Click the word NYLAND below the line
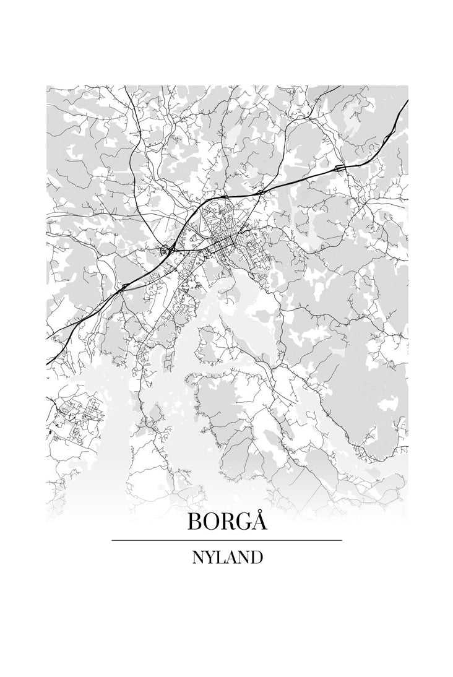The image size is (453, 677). click(x=226, y=557)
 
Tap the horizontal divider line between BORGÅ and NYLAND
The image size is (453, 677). click(x=226, y=540)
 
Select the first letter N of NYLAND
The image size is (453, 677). click(x=197, y=557)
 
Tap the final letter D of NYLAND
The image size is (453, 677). click(x=257, y=557)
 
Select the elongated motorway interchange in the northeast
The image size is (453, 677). click(x=340, y=168)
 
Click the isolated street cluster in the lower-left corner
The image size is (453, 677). click(x=74, y=418)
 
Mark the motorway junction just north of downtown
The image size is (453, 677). click(x=260, y=193)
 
